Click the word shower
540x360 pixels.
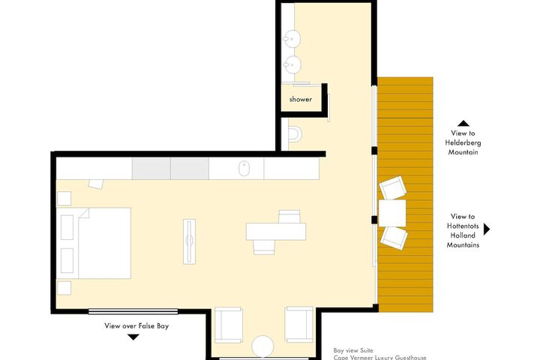point(300,99)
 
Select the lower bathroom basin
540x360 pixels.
point(295,65)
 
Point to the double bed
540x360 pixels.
point(103,240)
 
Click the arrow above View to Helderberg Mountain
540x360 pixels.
point(463,123)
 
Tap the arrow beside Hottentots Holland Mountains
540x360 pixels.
point(487,229)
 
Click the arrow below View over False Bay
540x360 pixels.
point(133,337)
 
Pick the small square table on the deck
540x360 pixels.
point(392,212)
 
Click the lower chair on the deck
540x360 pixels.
point(394,238)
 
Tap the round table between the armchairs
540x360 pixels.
point(264,346)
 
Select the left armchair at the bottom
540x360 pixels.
point(228,325)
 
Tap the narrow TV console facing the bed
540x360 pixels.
point(190,241)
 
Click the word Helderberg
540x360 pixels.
point(463,142)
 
